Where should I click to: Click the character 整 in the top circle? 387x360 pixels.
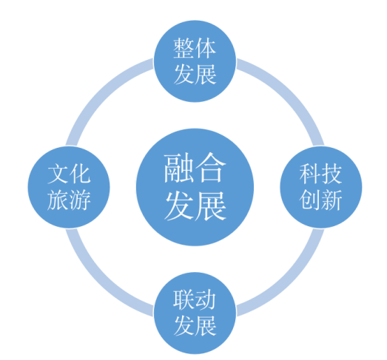[184, 48]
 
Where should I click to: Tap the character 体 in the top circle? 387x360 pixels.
[206, 48]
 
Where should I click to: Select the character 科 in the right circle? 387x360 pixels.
[310, 174]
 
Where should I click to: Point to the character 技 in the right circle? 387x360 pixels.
[332, 174]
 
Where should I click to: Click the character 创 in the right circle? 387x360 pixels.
[310, 200]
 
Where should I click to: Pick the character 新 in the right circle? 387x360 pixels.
[332, 200]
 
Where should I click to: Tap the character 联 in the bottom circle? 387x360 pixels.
[184, 299]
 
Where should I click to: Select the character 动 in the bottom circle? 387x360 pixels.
[206, 299]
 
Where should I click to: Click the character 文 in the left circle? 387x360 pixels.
[58, 174]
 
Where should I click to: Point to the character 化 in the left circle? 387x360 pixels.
[80, 174]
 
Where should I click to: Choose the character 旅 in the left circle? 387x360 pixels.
[58, 200]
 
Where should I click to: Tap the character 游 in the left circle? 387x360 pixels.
[80, 200]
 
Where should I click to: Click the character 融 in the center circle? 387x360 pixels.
[179, 168]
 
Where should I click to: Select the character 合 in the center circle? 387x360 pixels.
[211, 168]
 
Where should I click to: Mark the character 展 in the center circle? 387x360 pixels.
[211, 206]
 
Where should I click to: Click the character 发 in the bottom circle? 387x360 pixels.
[184, 325]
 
